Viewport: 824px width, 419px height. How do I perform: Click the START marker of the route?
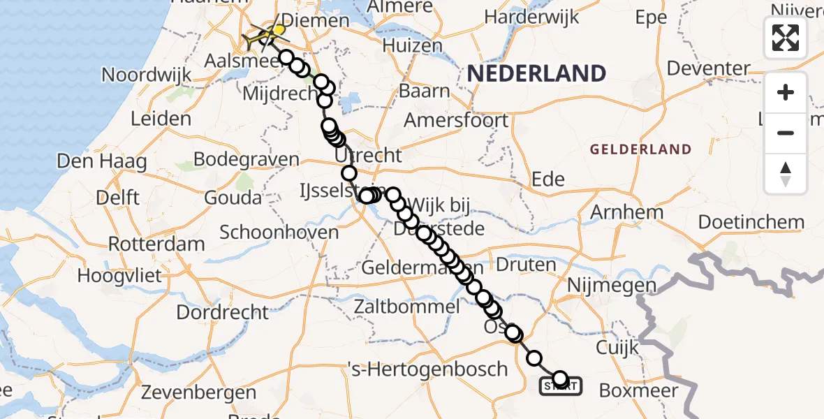[560, 385]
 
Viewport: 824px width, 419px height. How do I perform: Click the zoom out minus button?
[786, 133]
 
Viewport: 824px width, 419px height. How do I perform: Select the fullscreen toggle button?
[786, 38]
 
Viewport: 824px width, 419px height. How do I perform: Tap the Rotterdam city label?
[156, 244]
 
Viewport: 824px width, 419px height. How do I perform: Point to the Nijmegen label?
[612, 286]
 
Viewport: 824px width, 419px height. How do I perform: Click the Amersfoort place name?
[457, 120]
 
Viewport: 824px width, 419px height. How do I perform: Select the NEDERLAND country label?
[536, 73]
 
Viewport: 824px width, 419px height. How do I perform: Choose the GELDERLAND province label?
[640, 149]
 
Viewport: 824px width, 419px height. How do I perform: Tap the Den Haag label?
[102, 162]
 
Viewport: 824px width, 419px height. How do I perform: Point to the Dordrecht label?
[222, 311]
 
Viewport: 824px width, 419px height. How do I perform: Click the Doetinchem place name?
[751, 222]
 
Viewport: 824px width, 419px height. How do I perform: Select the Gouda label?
[233, 198]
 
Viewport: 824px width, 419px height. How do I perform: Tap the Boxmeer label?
[638, 390]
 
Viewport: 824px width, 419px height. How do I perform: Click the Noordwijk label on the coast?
[147, 75]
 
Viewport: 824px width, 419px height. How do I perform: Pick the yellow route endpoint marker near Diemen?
[279, 31]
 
